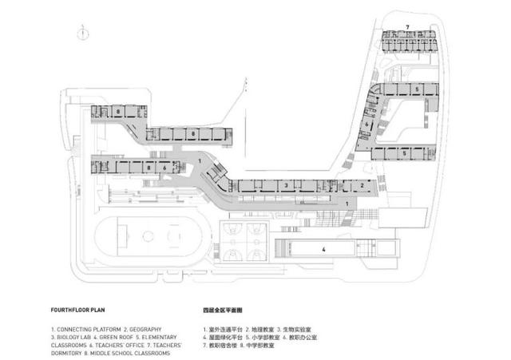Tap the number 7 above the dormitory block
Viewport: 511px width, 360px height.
(407, 27)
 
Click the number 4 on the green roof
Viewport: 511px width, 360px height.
(323, 250)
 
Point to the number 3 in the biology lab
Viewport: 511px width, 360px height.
(285, 185)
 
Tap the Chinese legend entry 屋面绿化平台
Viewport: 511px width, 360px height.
(228, 337)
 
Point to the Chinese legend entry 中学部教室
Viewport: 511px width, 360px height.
(271, 345)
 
